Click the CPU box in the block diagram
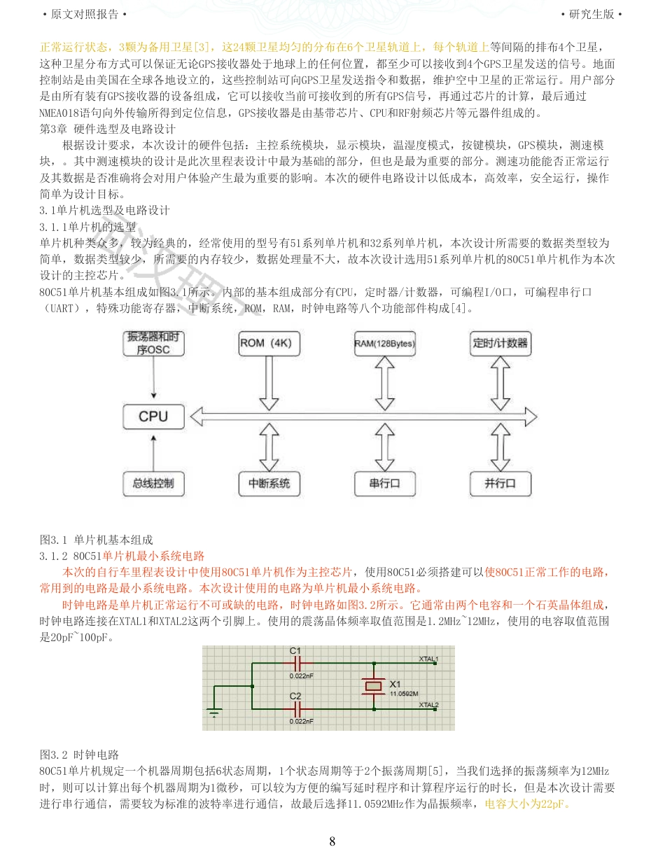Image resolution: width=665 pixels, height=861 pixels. pos(153,416)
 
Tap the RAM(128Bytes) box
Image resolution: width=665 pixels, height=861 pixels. pos(384,343)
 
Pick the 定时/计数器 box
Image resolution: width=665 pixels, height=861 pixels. pos(500,343)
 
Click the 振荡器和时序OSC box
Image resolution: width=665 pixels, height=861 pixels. pos(153,343)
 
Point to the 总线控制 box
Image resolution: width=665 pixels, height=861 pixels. pos(153,483)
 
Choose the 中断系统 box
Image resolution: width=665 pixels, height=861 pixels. pos(269,483)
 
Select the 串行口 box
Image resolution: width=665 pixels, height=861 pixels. pos(384,483)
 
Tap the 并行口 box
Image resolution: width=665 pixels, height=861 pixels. pos(500,483)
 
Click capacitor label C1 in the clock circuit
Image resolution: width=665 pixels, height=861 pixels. pos(295,651)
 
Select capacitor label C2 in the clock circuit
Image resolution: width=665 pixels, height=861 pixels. pos(295,696)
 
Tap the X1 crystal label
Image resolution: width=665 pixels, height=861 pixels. pos(395,684)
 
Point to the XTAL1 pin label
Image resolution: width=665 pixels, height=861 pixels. pos(428,659)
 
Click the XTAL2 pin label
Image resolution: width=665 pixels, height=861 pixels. pos(428,704)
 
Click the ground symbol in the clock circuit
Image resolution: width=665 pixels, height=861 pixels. pos(215,713)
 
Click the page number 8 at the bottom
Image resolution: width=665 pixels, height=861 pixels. pos(332,841)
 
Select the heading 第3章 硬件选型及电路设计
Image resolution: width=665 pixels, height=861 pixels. pos(108,129)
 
